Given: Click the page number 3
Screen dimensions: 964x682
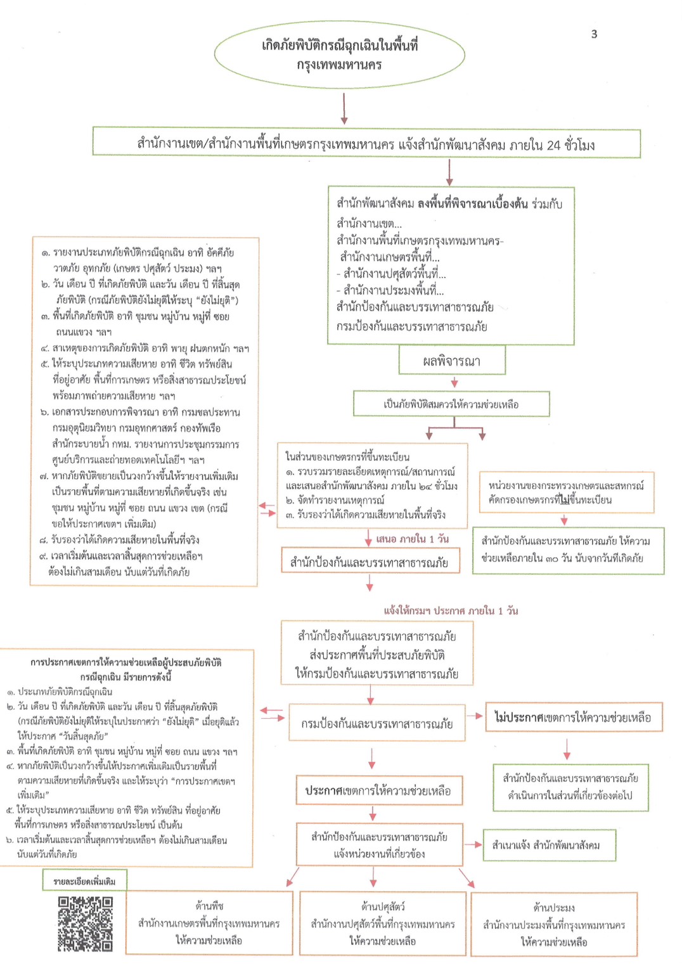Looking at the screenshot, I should pos(594,34).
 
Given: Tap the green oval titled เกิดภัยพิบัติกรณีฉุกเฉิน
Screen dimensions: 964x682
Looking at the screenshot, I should pos(340,55).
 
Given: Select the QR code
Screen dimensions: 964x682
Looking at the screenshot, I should pos(86,923).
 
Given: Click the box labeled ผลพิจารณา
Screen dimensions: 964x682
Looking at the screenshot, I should pos(452,361).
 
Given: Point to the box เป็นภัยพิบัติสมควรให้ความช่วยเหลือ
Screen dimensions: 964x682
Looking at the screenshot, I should pos(451,404).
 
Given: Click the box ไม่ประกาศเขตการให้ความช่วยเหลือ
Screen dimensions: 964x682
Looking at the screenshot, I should pos(574,717).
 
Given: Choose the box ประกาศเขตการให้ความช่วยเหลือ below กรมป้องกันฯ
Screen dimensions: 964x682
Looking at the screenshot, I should pos(378,790).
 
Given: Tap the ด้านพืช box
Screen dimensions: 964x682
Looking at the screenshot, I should pos(209,923).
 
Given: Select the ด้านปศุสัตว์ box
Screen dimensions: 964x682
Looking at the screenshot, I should pos(383,923).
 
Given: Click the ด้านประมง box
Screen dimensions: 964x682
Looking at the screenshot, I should pos(554,924).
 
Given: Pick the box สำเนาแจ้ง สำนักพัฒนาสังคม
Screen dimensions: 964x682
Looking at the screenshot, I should pos(549,845).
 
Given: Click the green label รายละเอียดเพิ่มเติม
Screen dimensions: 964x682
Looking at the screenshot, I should pos(84,881).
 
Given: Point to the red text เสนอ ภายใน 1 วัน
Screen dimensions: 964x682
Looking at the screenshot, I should pos(412,539).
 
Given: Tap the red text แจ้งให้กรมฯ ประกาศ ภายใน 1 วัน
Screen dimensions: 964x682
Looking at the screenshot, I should pos(451,611).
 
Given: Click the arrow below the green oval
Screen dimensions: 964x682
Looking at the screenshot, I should pos(344,109).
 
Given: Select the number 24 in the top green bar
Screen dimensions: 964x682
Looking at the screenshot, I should pos(553,145).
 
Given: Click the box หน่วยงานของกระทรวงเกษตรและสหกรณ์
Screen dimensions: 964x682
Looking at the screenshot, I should pos(566,492).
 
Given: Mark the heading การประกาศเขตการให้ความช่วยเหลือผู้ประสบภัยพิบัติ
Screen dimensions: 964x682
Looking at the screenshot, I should pos(126,662).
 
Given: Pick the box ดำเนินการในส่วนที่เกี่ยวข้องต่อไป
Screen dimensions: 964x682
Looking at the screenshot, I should pos(570,787).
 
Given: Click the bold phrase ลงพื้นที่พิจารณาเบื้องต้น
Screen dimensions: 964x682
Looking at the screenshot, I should pos(473,203).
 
